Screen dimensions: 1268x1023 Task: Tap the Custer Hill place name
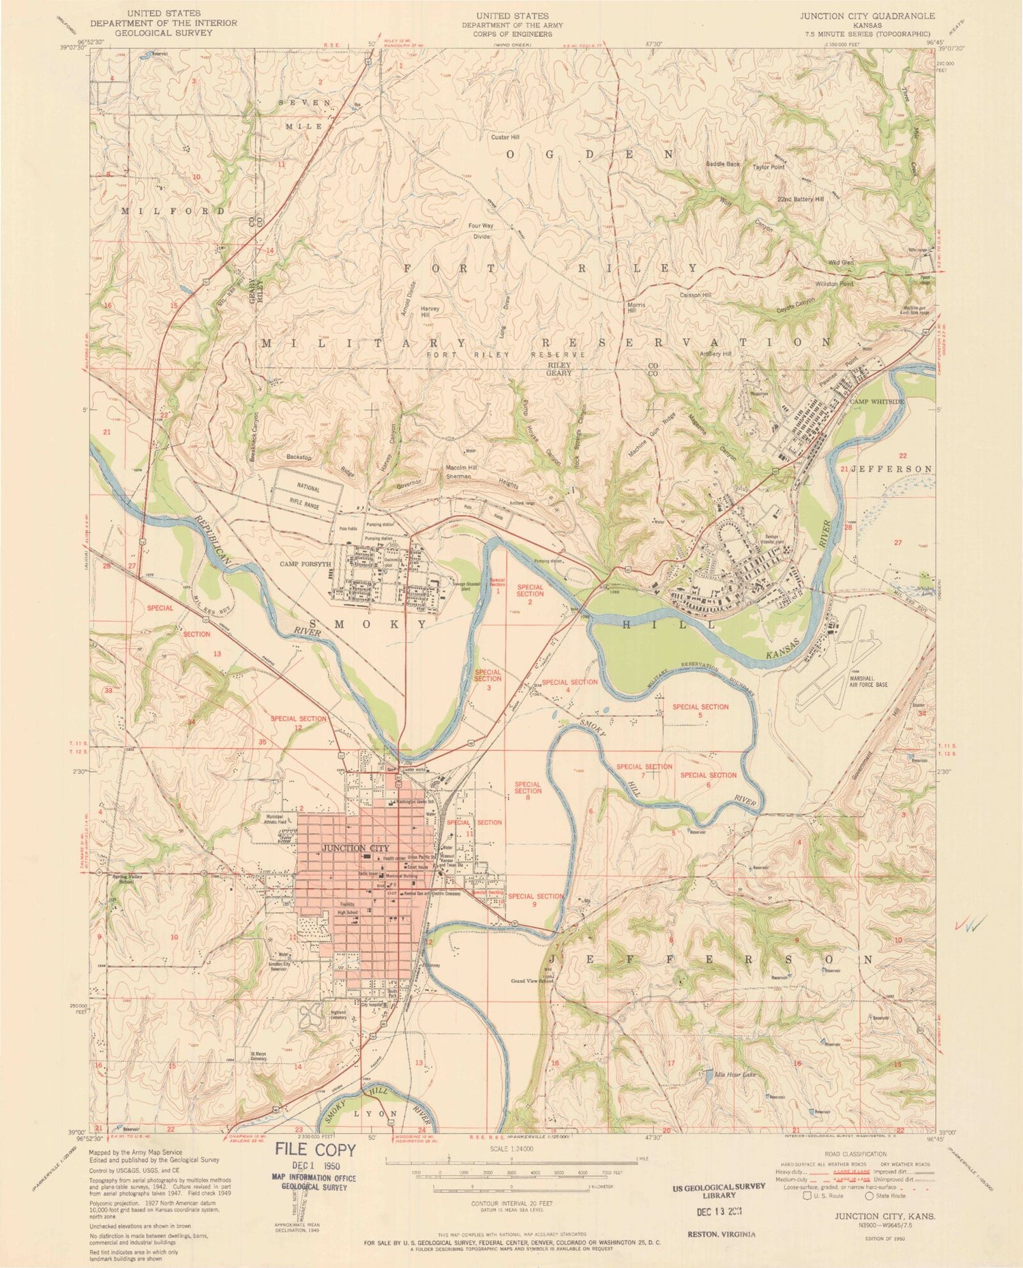505,137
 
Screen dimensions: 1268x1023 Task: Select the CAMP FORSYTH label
305,564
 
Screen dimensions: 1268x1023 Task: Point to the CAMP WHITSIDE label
876,402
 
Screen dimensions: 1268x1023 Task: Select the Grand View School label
532,982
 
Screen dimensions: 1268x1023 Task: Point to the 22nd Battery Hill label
801,199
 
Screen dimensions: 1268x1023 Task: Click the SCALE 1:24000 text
511,1149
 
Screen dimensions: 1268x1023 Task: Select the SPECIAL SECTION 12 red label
298,723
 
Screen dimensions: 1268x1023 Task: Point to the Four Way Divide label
481,231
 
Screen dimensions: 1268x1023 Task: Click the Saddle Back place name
723,164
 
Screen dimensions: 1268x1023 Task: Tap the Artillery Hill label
715,354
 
